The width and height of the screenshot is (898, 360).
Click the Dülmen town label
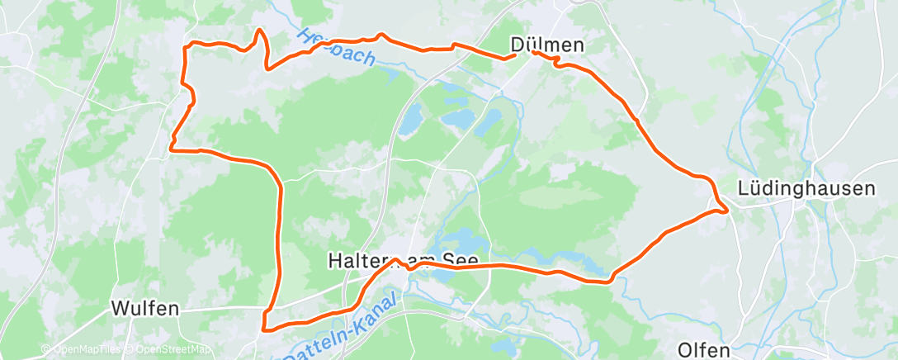[547, 46]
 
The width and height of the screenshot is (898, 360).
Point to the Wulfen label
[145, 309]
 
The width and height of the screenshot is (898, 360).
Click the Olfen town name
[703, 349]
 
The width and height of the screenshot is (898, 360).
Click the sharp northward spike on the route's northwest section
[260, 31]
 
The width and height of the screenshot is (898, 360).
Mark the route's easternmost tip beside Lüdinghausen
[726, 211]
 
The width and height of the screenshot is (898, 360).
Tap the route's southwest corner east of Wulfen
[264, 329]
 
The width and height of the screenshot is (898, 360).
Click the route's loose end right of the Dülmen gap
[534, 52]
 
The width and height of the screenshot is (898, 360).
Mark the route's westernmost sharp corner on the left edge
[171, 149]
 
